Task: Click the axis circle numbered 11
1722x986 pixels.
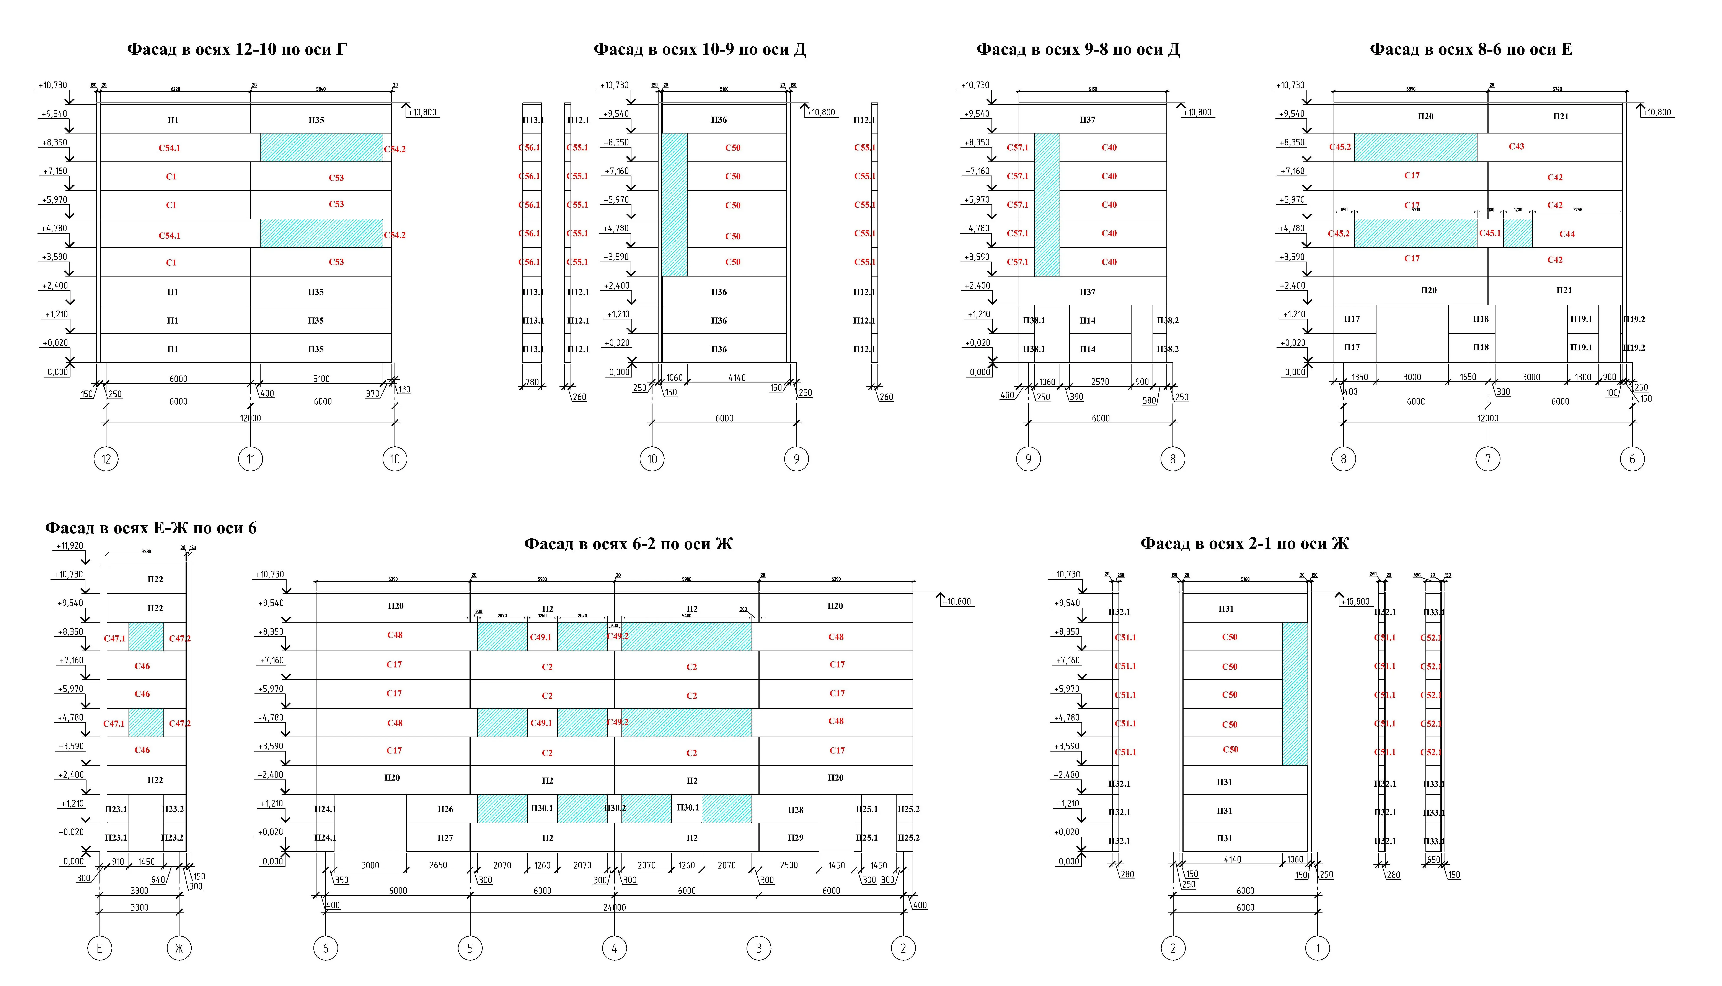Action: click(x=251, y=459)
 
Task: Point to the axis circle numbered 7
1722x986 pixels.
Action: click(x=1488, y=459)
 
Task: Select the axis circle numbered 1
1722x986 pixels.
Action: click(x=1318, y=948)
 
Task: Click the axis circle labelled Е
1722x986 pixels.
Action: click(x=99, y=948)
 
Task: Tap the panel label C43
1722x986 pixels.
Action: click(x=1516, y=146)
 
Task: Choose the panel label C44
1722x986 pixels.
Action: click(x=1567, y=234)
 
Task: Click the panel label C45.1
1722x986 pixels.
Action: click(x=1490, y=233)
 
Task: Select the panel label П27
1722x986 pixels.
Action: click(x=445, y=838)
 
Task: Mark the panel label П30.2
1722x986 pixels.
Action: click(x=614, y=808)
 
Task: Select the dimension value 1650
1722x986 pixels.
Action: click(x=1468, y=377)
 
